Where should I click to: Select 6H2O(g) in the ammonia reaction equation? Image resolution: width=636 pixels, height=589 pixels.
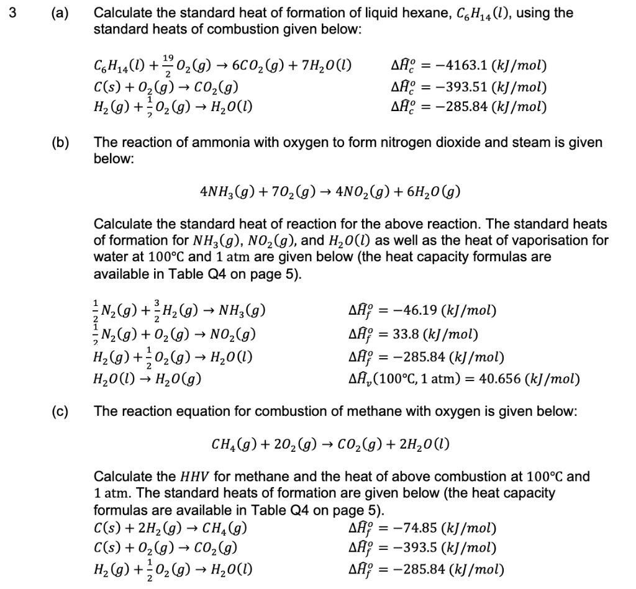point(435,192)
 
